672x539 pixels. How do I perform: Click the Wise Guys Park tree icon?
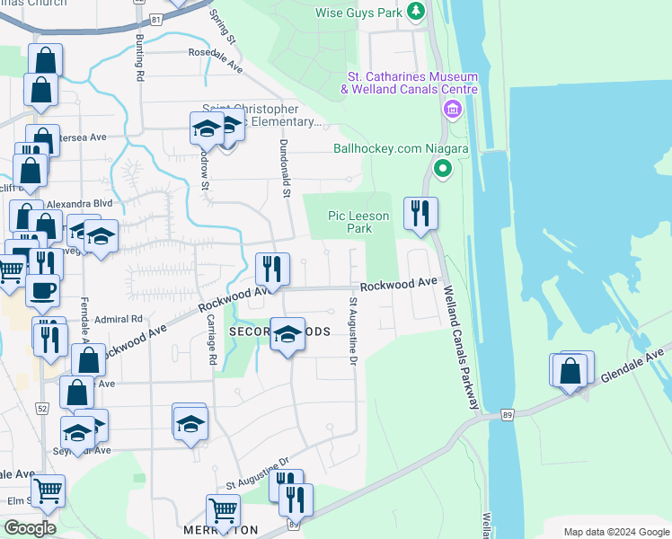click(415, 13)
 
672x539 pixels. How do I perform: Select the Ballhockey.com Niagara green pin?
click(442, 168)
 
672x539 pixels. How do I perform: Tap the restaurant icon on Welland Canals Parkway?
click(420, 214)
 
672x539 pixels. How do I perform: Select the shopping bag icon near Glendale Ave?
click(570, 370)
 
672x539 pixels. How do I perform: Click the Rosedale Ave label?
click(216, 59)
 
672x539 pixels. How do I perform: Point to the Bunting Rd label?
click(140, 59)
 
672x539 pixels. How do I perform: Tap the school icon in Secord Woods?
click(287, 334)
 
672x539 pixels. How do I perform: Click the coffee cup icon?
click(42, 289)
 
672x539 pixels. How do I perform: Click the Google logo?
click(29, 527)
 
